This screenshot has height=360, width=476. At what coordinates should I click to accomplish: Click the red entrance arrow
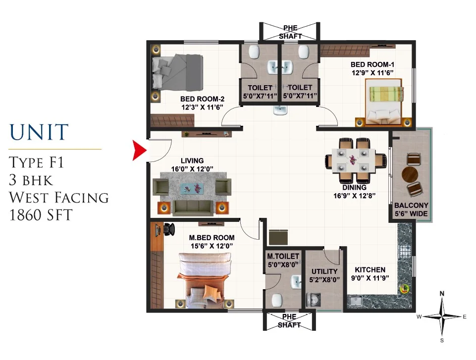point(139,150)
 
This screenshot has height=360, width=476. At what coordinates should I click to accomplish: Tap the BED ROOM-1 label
point(372,64)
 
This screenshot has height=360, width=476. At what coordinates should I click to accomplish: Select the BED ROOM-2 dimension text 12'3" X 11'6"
point(202,107)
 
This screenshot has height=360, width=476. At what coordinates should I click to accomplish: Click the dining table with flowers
point(353,161)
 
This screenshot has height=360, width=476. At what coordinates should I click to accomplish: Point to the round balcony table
point(410,174)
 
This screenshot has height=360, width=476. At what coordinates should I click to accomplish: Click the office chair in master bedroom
point(169,229)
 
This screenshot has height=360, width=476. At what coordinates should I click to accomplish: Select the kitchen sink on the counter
point(355,302)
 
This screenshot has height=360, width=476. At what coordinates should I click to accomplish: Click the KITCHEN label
point(370,270)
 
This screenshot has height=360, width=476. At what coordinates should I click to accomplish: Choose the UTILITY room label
point(324,271)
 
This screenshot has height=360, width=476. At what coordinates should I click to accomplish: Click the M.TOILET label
point(283,256)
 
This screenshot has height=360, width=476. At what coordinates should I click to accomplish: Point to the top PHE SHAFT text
point(290,32)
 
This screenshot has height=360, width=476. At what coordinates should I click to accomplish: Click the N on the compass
point(442,294)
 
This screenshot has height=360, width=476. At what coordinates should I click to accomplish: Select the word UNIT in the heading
point(39,132)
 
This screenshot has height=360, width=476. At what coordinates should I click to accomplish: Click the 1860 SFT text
point(41,215)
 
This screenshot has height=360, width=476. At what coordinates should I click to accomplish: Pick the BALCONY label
point(411,206)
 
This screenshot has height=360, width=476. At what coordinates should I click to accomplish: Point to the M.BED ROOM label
point(212,238)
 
